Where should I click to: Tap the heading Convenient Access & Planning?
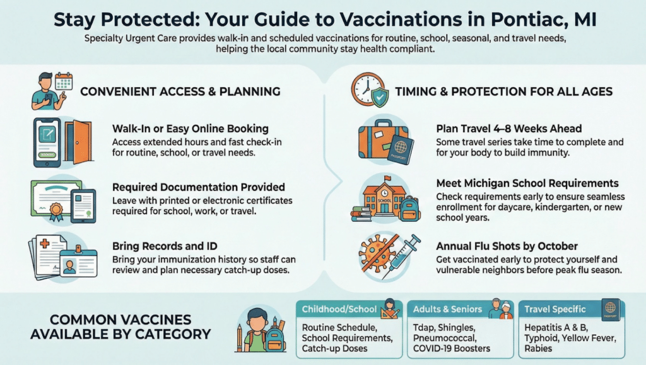tap(180, 92)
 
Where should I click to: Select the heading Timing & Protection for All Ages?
tap(503, 92)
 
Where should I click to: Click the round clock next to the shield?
tap(365, 88)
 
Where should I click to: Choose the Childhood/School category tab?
tap(338, 309)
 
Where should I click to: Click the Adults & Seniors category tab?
tap(448, 309)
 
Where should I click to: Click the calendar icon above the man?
tap(64, 80)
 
